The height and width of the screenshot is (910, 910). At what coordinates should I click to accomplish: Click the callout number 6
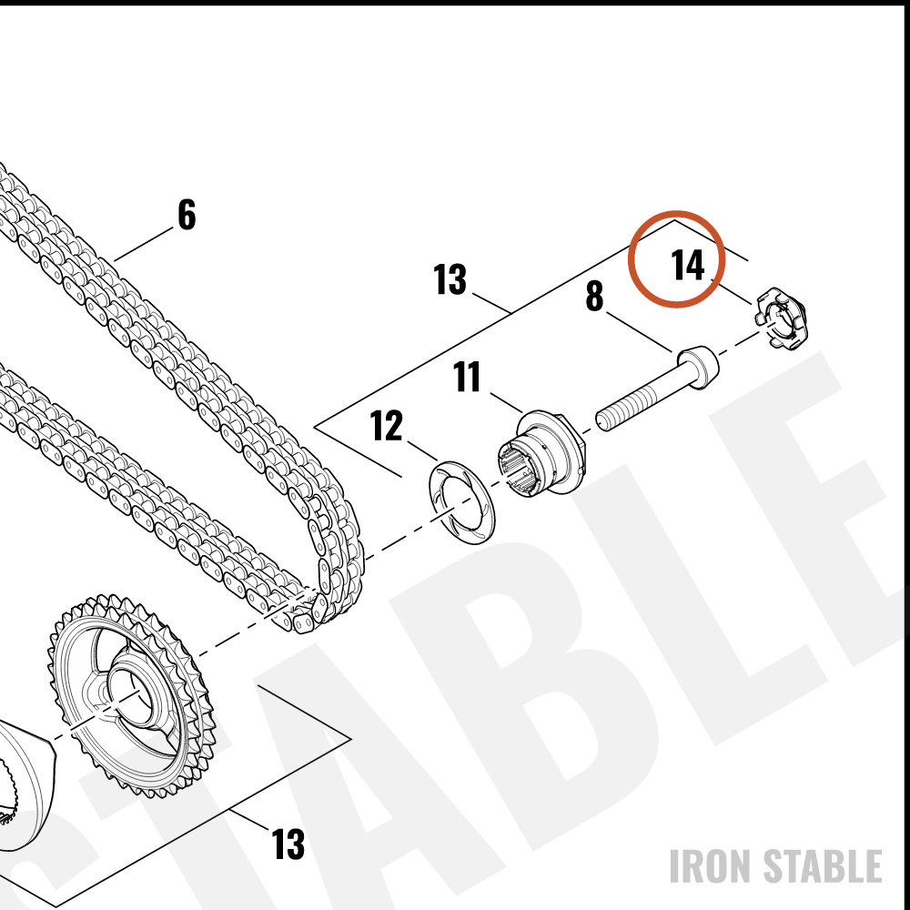pos(187,215)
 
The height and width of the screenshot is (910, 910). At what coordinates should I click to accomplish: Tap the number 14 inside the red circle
pos(688,265)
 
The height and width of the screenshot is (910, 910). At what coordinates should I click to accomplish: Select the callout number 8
pos(594,296)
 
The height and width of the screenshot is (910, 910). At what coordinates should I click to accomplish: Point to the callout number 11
pos(467,377)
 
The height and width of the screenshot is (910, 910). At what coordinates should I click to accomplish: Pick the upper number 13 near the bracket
pos(450,279)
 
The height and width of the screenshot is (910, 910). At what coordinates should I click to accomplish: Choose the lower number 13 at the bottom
pos(288,844)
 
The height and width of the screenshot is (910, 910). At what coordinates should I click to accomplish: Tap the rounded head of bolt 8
pos(698,366)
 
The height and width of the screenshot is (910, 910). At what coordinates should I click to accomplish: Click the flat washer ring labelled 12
pos(461,502)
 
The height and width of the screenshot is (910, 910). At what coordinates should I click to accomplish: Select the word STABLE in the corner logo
pos(822,866)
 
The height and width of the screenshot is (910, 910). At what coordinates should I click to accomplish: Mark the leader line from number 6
pos(144,244)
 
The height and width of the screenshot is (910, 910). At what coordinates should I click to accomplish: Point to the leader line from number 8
pos(640,332)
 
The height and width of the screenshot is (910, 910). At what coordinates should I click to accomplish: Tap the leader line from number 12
pos(422,452)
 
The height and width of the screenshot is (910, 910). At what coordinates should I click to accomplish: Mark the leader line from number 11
pos(506,403)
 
